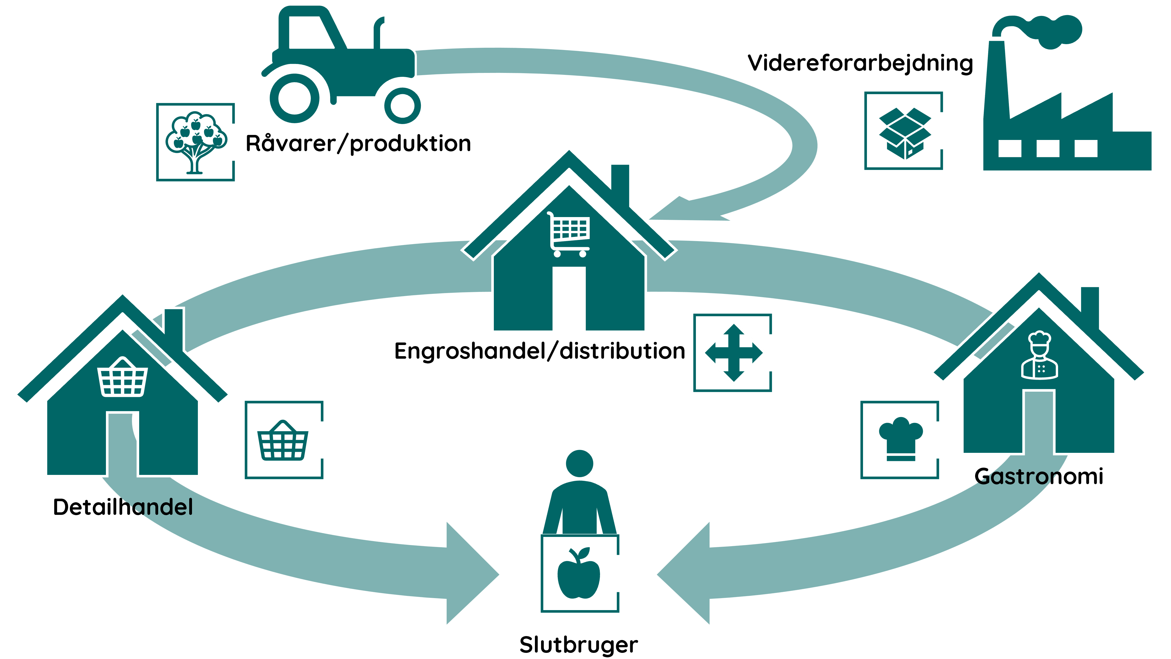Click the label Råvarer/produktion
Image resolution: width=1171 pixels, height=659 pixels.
(x=358, y=144)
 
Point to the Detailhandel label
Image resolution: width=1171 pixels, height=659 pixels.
(x=123, y=507)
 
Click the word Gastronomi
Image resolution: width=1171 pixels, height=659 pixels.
(x=1039, y=476)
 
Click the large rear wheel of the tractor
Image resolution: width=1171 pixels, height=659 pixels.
(x=295, y=98)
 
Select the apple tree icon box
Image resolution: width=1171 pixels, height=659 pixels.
(x=195, y=142)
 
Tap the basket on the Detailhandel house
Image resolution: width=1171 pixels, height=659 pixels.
(x=123, y=377)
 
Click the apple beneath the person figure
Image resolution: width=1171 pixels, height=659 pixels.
(x=579, y=573)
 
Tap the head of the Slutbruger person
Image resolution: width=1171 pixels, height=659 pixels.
(x=580, y=463)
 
